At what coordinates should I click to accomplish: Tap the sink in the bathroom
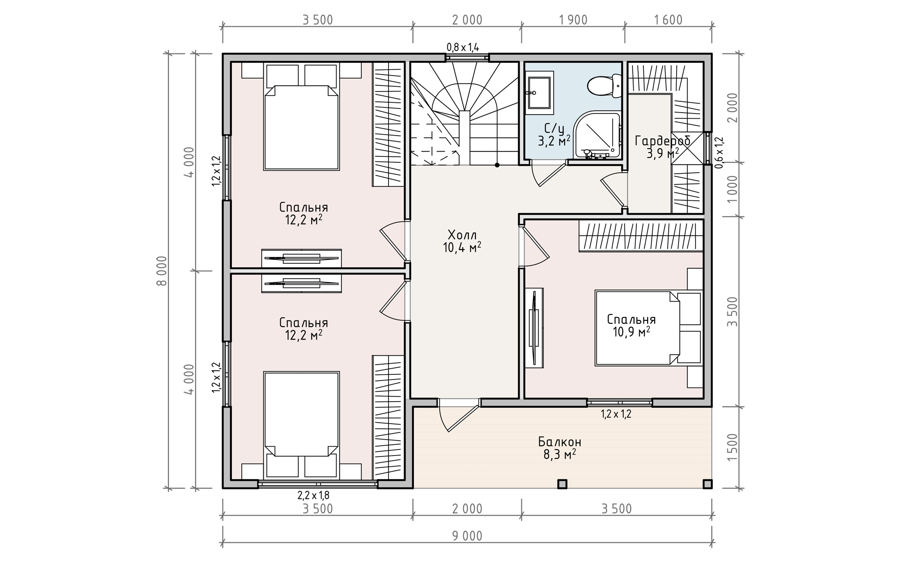coord(539,93)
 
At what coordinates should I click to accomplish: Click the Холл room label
coord(462,235)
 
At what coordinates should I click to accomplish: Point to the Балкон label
coord(560,442)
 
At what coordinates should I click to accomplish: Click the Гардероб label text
coord(662,141)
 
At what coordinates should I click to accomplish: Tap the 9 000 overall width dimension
coord(467,536)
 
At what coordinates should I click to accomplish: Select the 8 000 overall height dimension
coord(162,271)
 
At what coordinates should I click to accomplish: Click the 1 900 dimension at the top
coord(573,20)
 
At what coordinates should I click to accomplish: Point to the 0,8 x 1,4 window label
coord(463,47)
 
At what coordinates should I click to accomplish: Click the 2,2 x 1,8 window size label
coord(313,495)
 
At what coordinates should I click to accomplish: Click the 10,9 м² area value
coord(631,332)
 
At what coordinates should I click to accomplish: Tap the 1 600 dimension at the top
coord(668,20)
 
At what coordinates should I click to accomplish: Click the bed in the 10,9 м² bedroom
coord(637,327)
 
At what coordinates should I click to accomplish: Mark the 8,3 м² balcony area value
coord(560,454)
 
